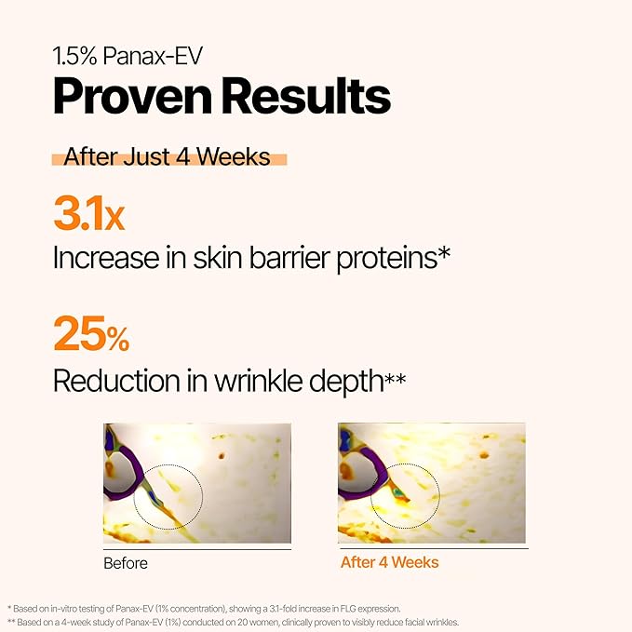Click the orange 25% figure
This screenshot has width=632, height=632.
point(90,334)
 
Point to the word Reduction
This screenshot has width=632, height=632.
point(113,380)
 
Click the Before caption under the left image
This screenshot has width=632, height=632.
point(126,563)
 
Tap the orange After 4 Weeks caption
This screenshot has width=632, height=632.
point(389,563)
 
